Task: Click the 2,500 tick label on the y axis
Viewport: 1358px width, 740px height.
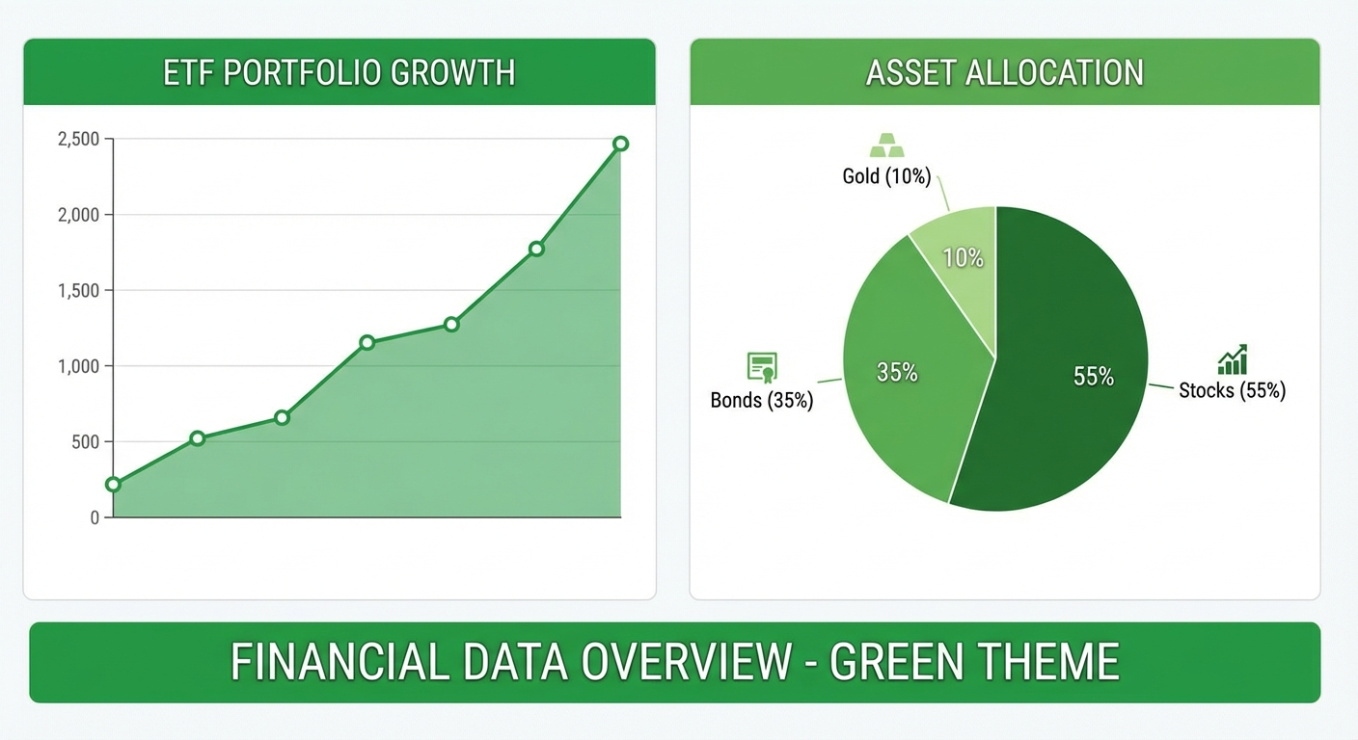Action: (x=78, y=140)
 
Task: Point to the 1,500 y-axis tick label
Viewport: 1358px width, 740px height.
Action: (x=78, y=291)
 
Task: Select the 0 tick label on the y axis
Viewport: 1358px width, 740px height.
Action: (x=95, y=517)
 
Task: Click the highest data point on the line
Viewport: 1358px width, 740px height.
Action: (x=620, y=144)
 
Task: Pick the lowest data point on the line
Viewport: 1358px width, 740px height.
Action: (x=113, y=484)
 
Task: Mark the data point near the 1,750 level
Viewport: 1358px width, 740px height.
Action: (x=536, y=249)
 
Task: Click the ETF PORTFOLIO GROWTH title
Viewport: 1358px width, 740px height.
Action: (x=339, y=73)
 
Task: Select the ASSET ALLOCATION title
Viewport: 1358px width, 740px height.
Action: (x=1004, y=73)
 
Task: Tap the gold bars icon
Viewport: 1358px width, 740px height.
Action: (x=887, y=145)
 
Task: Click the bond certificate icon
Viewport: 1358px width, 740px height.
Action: (x=762, y=367)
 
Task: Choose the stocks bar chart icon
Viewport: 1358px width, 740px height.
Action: (x=1232, y=359)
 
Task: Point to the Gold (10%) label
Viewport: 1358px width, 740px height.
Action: (x=886, y=176)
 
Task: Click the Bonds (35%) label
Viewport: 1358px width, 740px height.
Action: (x=762, y=400)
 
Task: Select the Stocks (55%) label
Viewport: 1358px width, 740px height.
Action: (x=1232, y=390)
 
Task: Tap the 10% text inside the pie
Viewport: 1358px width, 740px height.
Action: (x=963, y=258)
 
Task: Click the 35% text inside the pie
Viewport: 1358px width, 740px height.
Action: (x=896, y=372)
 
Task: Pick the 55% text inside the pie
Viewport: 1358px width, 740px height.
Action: (x=1094, y=377)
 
